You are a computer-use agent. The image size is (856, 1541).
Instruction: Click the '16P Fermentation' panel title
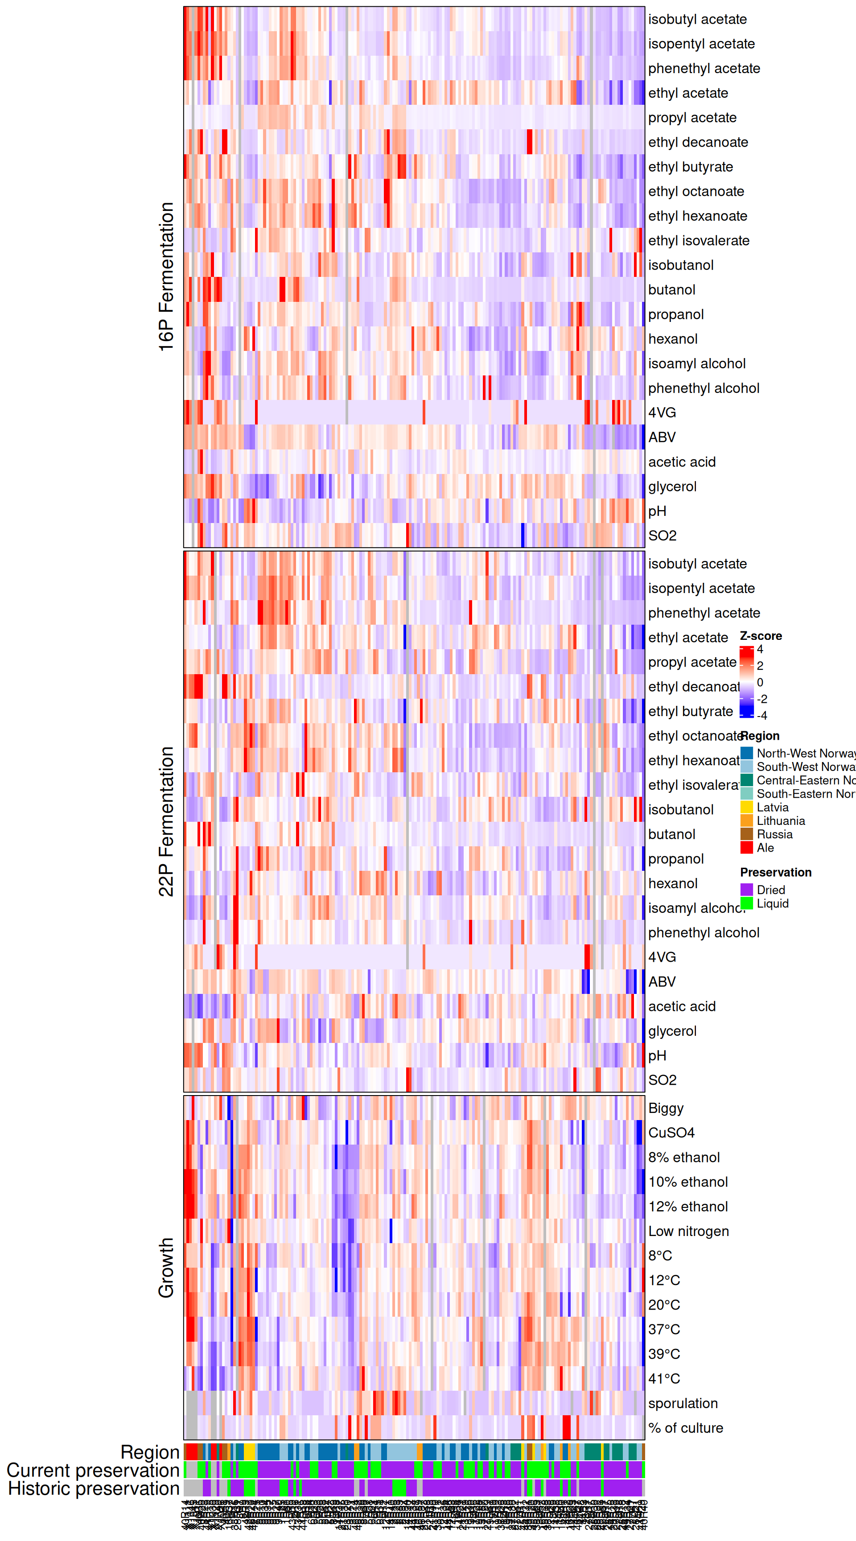coord(166,276)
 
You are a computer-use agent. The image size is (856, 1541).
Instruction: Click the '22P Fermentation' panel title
coord(166,821)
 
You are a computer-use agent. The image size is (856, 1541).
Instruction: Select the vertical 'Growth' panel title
coord(166,1267)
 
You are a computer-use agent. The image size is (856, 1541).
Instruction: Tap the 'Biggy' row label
coord(665,1108)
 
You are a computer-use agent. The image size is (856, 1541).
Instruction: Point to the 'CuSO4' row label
coord(671,1133)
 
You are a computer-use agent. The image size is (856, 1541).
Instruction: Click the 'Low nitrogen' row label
coord(688,1231)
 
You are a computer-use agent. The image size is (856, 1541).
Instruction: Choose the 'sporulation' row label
coord(683,1403)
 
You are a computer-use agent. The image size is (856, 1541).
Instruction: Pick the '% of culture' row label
coord(686,1427)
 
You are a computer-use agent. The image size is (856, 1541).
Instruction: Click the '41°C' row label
coord(664,1378)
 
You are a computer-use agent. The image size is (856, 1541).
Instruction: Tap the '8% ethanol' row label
coord(684,1157)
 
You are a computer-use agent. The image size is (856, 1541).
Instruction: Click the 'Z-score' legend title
coord(760,636)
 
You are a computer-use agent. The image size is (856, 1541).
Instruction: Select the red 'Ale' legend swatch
coord(746,848)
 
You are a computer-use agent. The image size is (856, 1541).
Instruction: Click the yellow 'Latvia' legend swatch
coord(746,807)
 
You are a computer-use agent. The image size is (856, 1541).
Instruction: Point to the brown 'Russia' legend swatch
coord(746,834)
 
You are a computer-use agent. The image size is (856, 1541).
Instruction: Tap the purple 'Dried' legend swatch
coord(746,890)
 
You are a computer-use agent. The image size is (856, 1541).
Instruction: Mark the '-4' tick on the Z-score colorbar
coord(761,715)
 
